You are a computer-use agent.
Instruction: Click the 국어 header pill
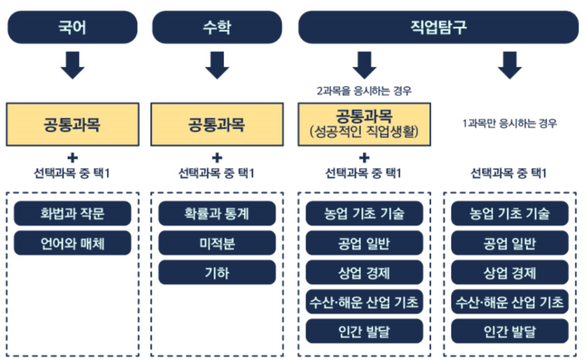point(72,27)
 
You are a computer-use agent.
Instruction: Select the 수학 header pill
point(217,27)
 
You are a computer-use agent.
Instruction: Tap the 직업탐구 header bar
point(438,27)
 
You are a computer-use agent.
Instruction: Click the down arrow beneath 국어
point(72,64)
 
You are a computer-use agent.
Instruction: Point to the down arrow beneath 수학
point(217,64)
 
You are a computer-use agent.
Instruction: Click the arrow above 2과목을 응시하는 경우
point(364,64)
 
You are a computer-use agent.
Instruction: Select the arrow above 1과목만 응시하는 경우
point(510,64)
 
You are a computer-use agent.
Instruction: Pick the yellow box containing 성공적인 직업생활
point(364,124)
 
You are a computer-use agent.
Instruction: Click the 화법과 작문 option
point(72,213)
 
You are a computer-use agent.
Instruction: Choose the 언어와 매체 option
point(72,243)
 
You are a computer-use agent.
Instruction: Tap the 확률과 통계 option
point(217,213)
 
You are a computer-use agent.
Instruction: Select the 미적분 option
point(217,243)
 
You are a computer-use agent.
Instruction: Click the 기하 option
point(217,272)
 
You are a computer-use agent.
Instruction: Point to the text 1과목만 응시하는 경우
point(510,124)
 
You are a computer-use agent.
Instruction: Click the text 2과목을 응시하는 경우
point(364,91)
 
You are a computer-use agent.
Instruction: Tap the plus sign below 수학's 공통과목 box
point(217,158)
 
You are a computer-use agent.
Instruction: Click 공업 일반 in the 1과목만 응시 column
point(510,243)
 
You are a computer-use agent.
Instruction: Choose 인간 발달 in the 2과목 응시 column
point(364,331)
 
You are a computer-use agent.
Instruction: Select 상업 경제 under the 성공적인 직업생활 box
point(364,272)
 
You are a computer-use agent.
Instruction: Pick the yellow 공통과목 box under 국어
point(72,124)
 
